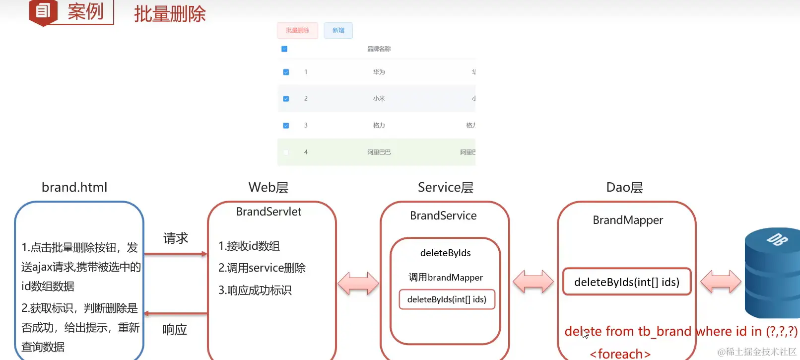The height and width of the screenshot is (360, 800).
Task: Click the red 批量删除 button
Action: (x=297, y=30)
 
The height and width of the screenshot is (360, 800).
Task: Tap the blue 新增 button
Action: (x=338, y=30)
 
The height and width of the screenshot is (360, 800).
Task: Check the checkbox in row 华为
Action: (x=286, y=72)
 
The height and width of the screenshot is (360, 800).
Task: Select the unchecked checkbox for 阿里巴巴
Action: (x=286, y=152)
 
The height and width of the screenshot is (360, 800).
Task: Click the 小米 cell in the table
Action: (x=379, y=99)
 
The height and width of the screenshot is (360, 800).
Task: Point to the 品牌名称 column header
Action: (x=379, y=49)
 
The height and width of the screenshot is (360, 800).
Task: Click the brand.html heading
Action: (x=74, y=187)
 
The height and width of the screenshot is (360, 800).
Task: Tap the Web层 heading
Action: (x=268, y=187)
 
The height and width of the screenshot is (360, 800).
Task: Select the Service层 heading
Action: (x=445, y=187)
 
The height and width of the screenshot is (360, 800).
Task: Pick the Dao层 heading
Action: (x=624, y=187)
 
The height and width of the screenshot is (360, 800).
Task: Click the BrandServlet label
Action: (x=268, y=212)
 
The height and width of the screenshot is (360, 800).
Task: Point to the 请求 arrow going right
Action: (x=176, y=254)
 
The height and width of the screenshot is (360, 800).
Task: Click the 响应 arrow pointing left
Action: (x=176, y=313)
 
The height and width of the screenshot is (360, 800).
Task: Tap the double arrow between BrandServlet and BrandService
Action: (x=358, y=284)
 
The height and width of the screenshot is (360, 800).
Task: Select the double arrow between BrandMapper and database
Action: (x=721, y=282)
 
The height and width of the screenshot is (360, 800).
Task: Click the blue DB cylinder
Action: (x=772, y=273)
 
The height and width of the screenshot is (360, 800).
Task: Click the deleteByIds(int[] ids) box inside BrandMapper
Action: (x=626, y=282)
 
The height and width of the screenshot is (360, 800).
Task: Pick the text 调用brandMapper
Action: (x=445, y=278)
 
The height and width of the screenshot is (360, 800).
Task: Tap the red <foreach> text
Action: (x=620, y=354)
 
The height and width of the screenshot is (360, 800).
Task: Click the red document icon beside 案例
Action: (x=43, y=11)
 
